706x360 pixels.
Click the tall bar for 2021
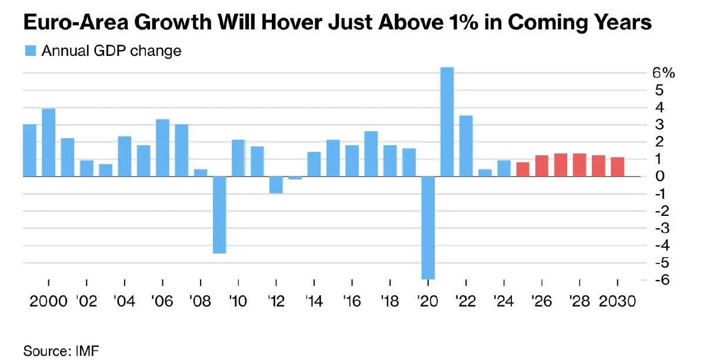pos(447,122)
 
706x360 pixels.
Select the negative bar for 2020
pos(428,228)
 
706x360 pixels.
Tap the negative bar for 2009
pos(219,215)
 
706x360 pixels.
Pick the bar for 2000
pos(49,142)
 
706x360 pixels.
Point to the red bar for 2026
pos(542,166)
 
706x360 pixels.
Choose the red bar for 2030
pos(617,166)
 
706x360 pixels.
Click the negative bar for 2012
pos(277,185)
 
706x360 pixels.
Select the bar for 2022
pos(466,146)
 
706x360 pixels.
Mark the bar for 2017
pos(371,154)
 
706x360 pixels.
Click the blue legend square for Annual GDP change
pos(30,51)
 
